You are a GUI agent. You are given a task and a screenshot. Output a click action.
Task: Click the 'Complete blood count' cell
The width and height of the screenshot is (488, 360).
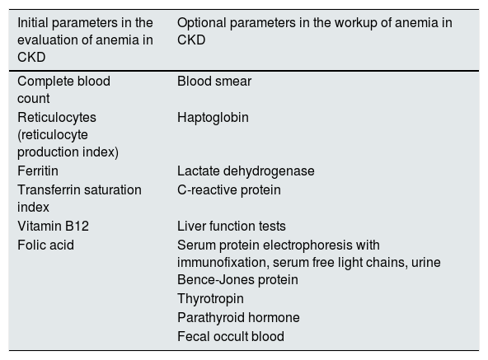pos(63,90)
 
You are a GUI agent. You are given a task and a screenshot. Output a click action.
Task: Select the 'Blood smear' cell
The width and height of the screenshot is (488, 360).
pos(214,82)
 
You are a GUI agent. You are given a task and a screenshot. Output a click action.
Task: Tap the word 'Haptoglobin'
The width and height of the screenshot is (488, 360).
pos(213,118)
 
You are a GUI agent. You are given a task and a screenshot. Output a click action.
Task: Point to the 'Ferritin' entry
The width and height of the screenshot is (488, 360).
pos(38,171)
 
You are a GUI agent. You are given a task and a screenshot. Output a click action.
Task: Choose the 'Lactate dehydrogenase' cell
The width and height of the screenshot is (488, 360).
pos(246,171)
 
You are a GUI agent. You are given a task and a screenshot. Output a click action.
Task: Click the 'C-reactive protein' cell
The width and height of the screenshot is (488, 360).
pos(229,190)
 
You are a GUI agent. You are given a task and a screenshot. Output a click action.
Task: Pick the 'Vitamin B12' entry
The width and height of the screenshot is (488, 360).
pos(54,226)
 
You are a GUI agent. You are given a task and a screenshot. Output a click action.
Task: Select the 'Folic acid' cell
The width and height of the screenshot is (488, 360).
pos(46,245)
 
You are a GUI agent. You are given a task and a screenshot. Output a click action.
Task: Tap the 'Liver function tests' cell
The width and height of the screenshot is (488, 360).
pos(232,226)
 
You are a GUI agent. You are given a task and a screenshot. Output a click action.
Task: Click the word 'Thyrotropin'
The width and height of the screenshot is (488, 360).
pos(210,299)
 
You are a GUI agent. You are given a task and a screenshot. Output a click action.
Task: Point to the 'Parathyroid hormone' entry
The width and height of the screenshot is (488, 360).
pos(238,318)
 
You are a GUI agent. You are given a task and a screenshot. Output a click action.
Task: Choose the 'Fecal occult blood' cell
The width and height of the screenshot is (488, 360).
pos(231,336)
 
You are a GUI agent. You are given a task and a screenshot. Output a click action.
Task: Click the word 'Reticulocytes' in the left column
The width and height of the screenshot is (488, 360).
pos(57,118)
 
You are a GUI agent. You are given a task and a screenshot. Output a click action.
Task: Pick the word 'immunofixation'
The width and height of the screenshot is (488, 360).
pos(223,262)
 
